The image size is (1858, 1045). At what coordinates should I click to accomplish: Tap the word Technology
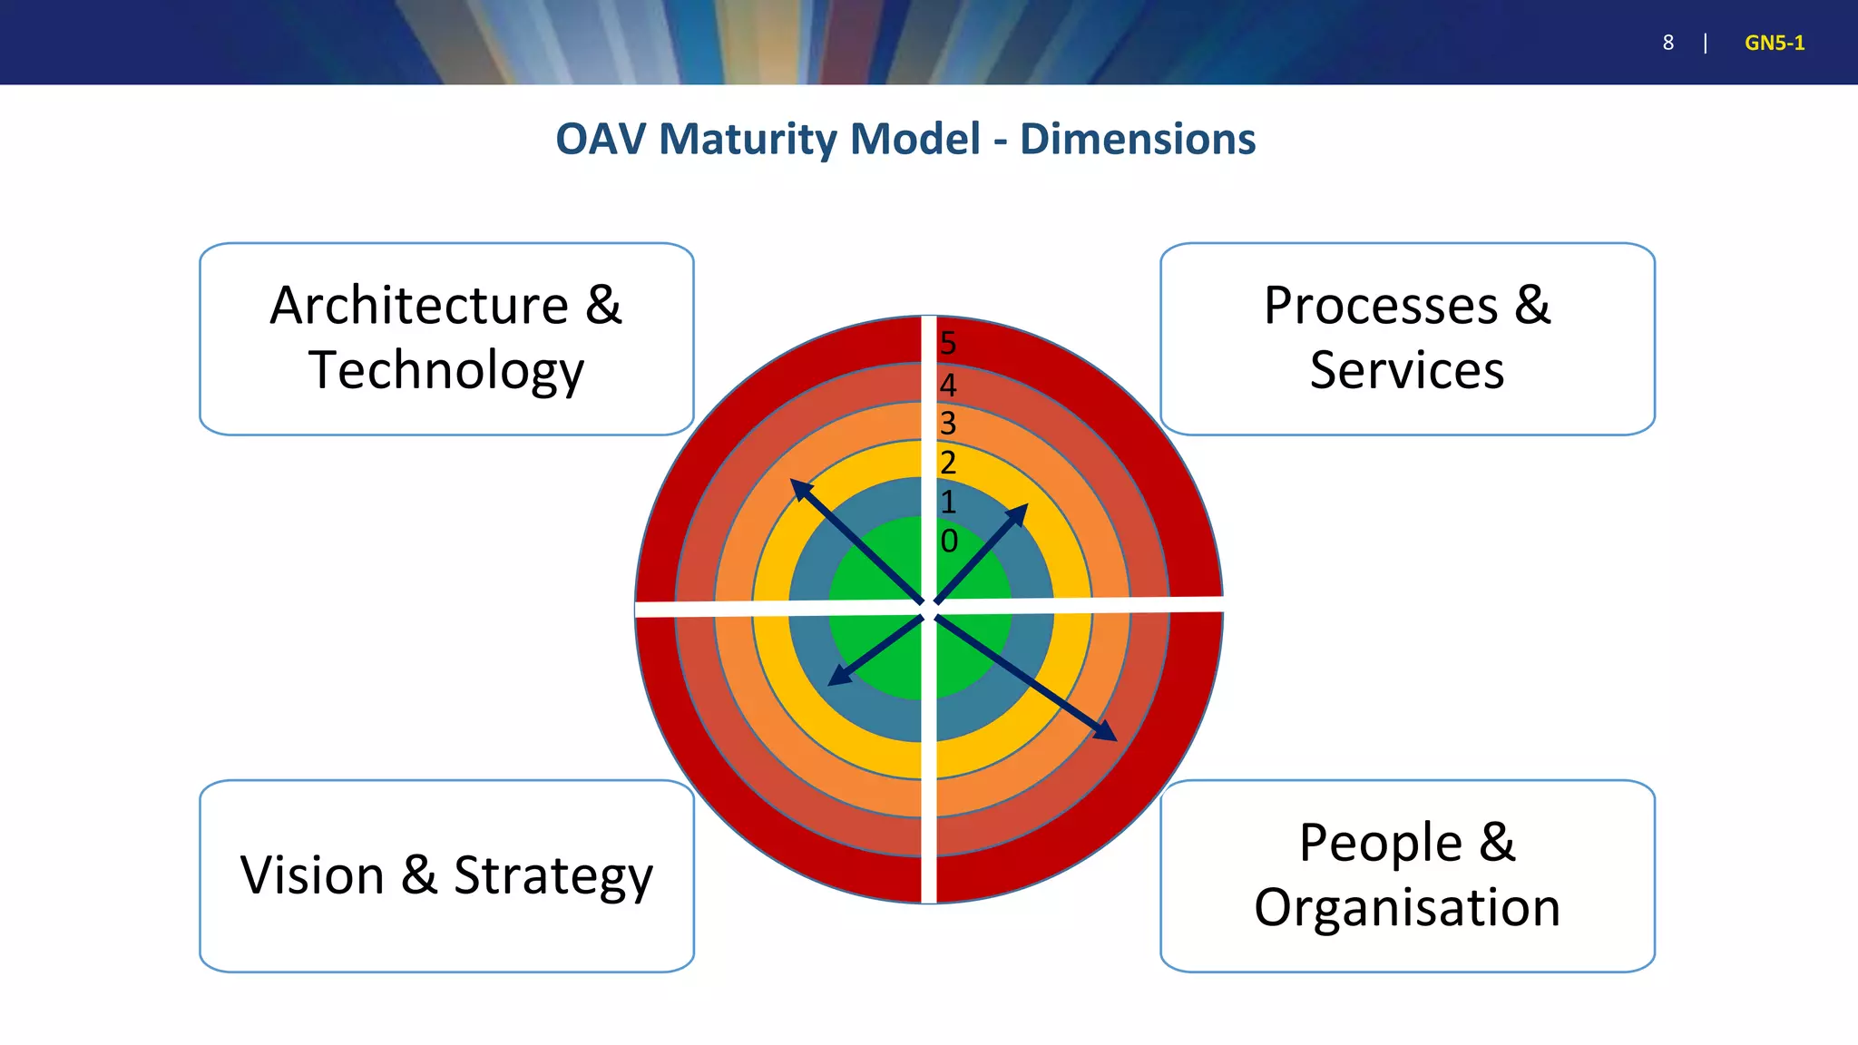(x=446, y=370)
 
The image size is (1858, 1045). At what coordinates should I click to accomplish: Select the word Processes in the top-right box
(x=1381, y=305)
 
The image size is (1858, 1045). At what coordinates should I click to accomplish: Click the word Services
(x=1407, y=370)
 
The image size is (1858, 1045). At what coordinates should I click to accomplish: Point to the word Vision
(x=312, y=875)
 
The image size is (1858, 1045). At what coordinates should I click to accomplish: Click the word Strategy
(x=553, y=877)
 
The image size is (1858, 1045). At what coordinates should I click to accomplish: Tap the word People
(x=1381, y=843)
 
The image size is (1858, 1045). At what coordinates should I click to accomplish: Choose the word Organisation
(x=1407, y=907)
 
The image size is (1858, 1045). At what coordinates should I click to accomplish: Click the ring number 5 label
(x=948, y=344)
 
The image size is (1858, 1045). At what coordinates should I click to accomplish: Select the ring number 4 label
(x=948, y=386)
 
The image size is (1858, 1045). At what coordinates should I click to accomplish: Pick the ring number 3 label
(x=948, y=424)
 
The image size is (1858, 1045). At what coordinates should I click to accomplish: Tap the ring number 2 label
(x=948, y=464)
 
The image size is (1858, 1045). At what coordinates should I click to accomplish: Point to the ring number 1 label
(x=948, y=503)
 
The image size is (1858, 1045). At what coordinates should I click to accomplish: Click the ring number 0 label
(x=949, y=542)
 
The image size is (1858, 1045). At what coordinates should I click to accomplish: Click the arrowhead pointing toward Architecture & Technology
(x=800, y=489)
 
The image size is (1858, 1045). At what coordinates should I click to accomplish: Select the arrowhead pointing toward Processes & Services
(x=1019, y=513)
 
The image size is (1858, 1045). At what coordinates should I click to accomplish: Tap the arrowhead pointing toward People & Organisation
(x=1106, y=732)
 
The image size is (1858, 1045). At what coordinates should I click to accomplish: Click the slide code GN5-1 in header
(x=1775, y=43)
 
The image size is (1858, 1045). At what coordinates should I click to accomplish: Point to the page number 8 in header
(x=1667, y=43)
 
